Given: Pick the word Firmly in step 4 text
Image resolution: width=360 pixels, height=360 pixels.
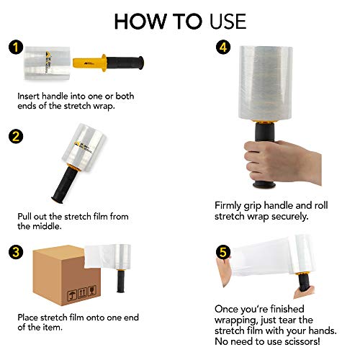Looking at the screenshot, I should (230, 204).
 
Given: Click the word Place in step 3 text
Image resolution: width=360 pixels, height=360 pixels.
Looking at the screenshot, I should (30, 317).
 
